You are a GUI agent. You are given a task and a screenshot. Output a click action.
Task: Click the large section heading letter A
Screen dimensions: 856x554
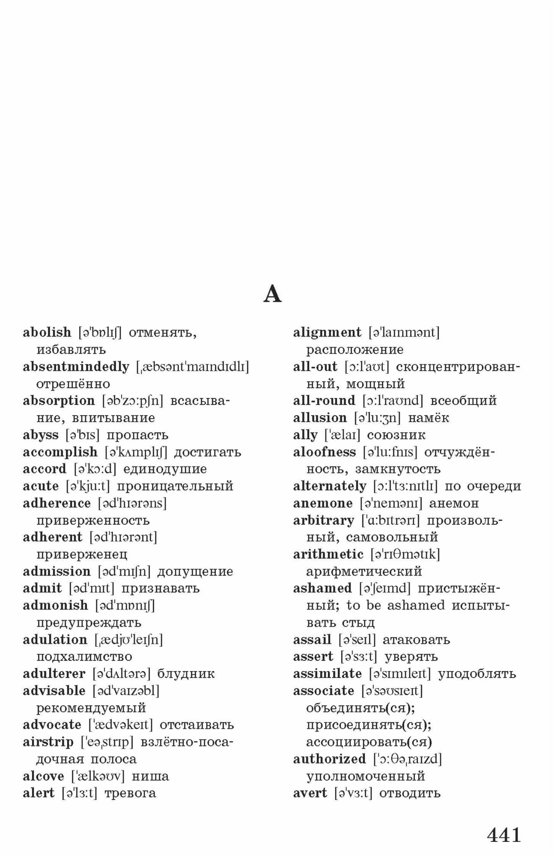click(272, 294)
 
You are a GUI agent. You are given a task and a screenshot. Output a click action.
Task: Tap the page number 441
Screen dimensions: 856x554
click(504, 835)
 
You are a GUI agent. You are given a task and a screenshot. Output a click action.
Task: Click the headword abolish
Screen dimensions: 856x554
click(47, 332)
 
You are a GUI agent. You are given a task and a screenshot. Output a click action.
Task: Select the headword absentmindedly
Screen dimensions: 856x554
click(76, 366)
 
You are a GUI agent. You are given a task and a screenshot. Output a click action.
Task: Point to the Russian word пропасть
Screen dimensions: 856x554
click(137, 435)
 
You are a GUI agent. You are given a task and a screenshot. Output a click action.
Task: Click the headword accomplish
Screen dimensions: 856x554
click(60, 452)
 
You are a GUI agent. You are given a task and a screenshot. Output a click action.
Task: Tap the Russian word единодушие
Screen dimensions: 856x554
click(165, 469)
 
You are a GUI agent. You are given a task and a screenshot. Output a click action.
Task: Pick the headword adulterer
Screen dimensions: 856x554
click(54, 674)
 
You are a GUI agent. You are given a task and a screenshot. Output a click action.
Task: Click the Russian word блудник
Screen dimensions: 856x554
click(186, 674)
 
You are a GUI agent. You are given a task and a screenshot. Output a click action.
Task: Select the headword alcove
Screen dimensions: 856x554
click(43, 776)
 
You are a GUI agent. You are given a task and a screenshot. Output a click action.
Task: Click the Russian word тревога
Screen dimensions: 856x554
click(130, 793)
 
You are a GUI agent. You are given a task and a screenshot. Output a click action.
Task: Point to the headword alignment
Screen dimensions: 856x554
click(327, 332)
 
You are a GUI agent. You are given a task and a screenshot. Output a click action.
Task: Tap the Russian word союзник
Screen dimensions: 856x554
click(396, 435)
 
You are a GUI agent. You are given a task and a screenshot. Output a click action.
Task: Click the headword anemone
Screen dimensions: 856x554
click(323, 503)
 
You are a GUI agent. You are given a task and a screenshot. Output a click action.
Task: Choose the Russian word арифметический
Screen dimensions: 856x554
click(364, 571)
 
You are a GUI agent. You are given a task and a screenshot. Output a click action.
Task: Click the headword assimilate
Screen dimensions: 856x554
click(327, 674)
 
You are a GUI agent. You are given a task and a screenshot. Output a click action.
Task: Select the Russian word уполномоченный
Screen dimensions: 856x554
click(365, 776)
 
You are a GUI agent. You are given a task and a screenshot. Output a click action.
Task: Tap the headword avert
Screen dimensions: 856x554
click(310, 793)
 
